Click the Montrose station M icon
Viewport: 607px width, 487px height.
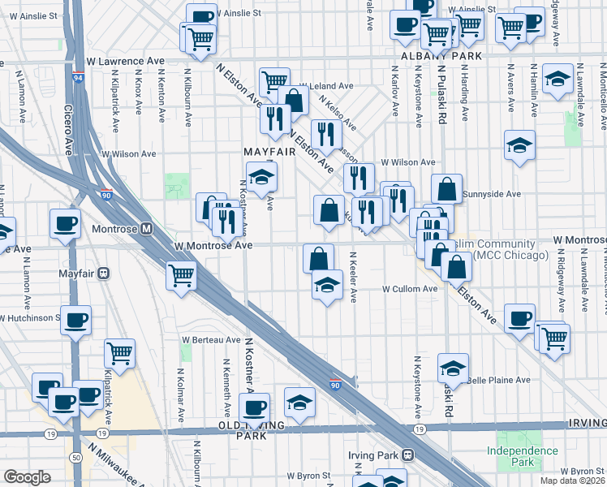(147, 229)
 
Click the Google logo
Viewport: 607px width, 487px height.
(27, 477)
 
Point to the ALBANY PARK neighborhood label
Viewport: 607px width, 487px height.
(443, 56)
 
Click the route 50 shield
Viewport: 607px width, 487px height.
(76, 458)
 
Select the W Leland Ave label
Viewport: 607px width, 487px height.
(326, 86)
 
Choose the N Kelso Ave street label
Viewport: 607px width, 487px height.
(338, 114)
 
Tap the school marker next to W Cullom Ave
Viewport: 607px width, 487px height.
(327, 284)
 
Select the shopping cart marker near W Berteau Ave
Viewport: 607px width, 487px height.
(120, 353)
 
